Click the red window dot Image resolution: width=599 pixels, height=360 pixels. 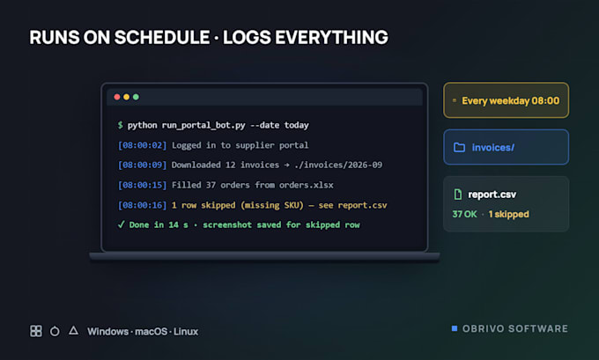117,97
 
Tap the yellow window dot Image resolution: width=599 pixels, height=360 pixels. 127,97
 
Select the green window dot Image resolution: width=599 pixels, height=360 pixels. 136,97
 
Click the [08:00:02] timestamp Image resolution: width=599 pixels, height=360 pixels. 142,145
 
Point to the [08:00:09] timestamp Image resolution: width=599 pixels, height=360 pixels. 142,165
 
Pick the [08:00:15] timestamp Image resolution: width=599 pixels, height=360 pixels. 142,185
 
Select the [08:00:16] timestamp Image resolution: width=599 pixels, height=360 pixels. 142,205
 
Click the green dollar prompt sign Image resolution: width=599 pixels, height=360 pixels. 121,125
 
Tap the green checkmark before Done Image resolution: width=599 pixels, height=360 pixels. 121,224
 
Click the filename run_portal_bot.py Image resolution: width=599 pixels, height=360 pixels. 203,126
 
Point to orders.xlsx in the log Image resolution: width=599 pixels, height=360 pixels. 306,185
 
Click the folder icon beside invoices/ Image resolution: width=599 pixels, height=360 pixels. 459,147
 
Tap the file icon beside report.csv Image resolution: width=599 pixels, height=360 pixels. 458,195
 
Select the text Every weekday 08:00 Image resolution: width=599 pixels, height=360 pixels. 510,101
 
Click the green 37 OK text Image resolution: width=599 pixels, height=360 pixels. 464,214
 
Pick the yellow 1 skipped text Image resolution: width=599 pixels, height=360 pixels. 508,214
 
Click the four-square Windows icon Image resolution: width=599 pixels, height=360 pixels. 36,331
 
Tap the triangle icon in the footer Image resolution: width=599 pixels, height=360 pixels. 73,330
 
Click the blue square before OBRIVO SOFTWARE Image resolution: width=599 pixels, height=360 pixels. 455,328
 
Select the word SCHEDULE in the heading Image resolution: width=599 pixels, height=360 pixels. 162,38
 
